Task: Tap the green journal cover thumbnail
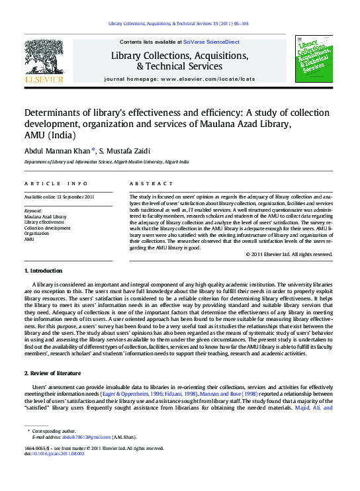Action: point(314,59)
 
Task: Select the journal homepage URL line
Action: point(179,79)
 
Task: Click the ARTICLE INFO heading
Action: point(56,183)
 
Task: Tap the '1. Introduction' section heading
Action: point(44,271)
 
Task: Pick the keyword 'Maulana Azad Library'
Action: point(45,216)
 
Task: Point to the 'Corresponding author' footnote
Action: point(54,431)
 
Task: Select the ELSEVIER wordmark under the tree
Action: point(44,79)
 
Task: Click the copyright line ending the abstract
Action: point(289,254)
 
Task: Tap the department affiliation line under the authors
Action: point(107,161)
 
